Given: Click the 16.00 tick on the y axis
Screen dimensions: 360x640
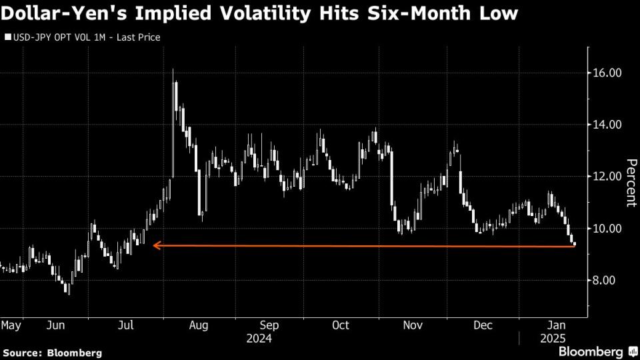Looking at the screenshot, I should (607, 73).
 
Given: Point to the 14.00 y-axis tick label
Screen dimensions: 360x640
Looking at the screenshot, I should (607, 125).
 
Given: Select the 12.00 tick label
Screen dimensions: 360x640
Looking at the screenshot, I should (607, 177).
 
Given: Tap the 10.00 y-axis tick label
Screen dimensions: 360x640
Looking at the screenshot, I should (607, 229).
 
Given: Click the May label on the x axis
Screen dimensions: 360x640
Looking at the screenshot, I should (10, 325).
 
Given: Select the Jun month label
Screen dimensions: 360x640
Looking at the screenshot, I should (55, 325).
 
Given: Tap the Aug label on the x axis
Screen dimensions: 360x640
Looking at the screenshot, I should (199, 325).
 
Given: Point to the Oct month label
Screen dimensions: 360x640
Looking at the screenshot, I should (341, 325).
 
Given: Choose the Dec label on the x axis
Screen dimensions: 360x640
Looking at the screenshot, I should (483, 325).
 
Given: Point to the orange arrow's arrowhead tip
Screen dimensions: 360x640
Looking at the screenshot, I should (153, 245).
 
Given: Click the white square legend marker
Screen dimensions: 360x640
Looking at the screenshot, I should (8, 37).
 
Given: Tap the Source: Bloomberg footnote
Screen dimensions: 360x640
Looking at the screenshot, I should (52, 352).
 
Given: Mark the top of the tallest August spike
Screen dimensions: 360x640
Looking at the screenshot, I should (173, 69).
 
